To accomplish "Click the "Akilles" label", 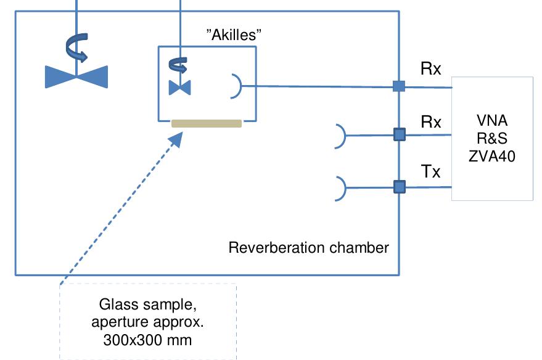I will (234, 35).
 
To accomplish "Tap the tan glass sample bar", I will (206, 123).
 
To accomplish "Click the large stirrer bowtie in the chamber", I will (76, 76).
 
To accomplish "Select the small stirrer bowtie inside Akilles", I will (179, 88).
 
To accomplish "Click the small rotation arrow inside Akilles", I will (179, 64).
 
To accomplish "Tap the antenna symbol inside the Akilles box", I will (235, 86).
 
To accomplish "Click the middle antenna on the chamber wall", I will (340, 135).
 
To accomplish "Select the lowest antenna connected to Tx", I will (340, 188).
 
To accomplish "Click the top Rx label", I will (430, 68).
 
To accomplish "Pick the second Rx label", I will (430, 121).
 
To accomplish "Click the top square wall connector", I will (399, 86).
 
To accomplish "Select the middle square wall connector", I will (399, 134).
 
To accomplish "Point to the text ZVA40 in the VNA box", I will (492, 157).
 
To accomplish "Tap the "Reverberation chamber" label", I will (308, 248).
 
